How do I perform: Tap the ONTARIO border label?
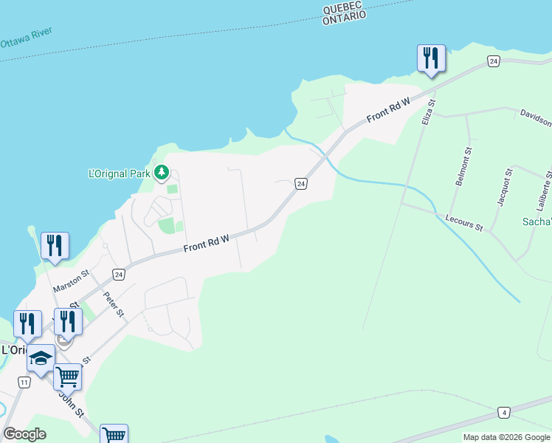tap(345, 18)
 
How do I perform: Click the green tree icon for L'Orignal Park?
tap(162, 174)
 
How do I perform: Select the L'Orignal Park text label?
tap(119, 174)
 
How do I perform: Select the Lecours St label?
tap(464, 222)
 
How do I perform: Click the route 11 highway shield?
tap(24, 382)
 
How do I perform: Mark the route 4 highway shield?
tap(504, 411)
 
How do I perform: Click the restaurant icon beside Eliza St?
tap(431, 58)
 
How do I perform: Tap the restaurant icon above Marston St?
tap(55, 245)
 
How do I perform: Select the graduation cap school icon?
tap(41, 359)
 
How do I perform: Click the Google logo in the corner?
tap(24, 434)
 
